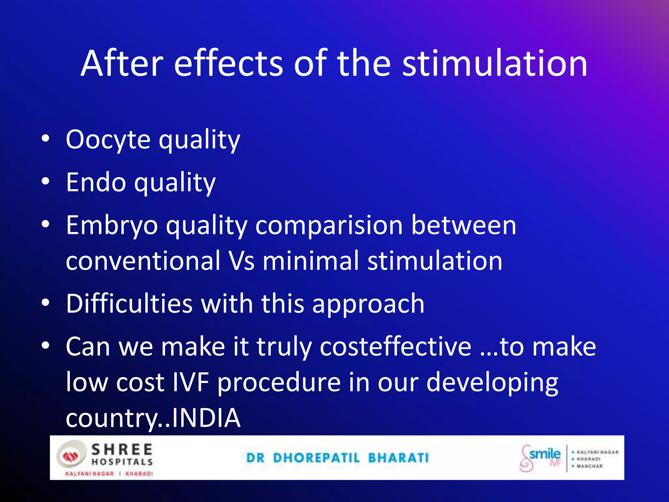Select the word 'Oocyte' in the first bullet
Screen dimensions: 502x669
click(108, 140)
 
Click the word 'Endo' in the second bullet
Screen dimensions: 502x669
click(96, 182)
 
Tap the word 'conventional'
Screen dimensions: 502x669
click(143, 261)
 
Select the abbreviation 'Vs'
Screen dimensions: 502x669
click(241, 261)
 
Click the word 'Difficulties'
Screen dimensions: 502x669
click(129, 304)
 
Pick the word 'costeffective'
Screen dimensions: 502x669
click(396, 347)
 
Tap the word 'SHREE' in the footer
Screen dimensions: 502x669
click(122, 450)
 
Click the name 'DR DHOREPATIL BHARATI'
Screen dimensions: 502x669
click(337, 458)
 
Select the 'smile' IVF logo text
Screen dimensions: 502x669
click(545, 454)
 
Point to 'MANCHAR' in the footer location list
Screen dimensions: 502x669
click(589, 466)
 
